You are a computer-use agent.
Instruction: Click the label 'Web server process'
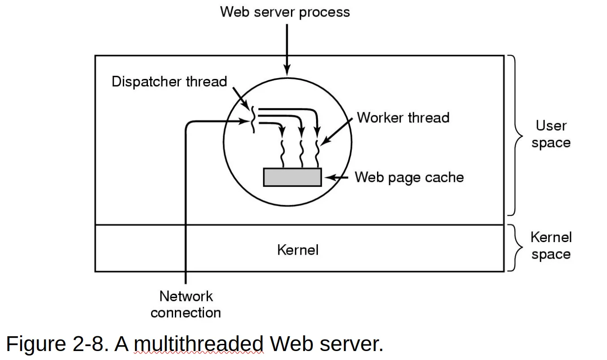point(285,12)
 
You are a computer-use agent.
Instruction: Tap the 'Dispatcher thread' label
point(169,82)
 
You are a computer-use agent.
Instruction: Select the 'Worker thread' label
point(403,118)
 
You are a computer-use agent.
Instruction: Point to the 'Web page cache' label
point(409,178)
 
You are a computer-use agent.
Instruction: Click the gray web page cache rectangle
point(292,177)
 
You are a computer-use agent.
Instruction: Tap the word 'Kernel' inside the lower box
point(298,250)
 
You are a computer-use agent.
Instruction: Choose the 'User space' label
point(551,134)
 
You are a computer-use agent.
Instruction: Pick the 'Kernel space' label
point(551,246)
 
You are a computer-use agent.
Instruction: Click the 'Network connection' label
point(186,304)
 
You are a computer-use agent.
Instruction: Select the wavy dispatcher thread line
point(253,119)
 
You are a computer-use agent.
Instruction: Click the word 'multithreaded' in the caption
point(199,344)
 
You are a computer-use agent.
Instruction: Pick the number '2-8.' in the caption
point(90,344)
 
